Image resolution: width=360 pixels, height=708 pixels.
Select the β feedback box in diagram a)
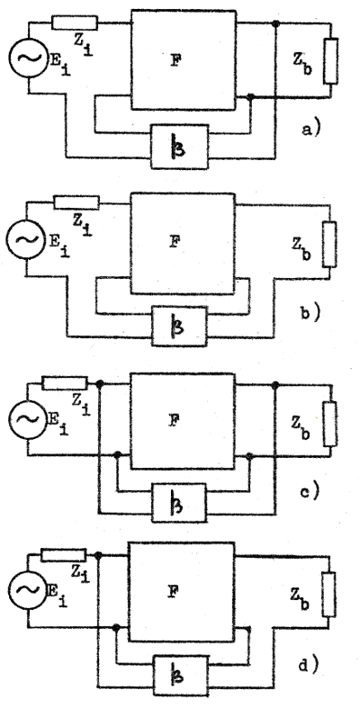(179, 147)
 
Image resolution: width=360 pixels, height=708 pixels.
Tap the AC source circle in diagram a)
(29, 58)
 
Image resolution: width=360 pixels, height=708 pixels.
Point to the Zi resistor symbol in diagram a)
(74, 22)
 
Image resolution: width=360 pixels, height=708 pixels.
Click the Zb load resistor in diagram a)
(330, 61)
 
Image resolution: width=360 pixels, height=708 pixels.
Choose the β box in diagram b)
(179, 326)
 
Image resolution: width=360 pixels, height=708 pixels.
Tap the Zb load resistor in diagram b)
(329, 245)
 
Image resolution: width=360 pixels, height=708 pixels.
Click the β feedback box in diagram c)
(179, 503)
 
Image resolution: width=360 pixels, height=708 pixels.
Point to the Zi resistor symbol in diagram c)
(65, 384)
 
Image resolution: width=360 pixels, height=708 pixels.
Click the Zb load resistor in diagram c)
(329, 424)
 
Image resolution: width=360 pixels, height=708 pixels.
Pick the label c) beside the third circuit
(310, 491)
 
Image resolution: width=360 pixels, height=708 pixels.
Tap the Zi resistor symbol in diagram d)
(64, 555)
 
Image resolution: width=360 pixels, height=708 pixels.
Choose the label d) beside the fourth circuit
(310, 664)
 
